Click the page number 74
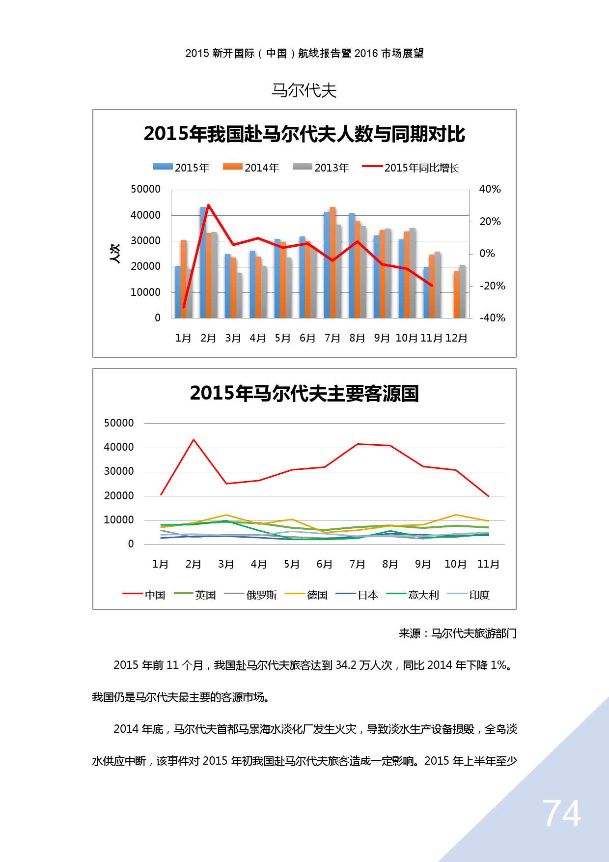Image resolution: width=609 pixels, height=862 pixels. pos(561,814)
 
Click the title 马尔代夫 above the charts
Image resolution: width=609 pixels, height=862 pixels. pos(304,90)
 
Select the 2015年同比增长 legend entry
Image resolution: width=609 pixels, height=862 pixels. pos(411,168)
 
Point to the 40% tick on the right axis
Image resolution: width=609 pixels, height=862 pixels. pos(490,189)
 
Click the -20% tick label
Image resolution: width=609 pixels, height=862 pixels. pos(492,286)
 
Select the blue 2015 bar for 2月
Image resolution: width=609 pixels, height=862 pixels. pos(203,263)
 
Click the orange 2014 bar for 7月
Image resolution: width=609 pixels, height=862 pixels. pos(332,263)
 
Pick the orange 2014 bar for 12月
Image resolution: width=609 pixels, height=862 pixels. pos(457,295)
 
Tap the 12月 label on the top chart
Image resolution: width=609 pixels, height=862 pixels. pos(456,338)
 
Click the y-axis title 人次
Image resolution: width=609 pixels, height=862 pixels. pos(115,254)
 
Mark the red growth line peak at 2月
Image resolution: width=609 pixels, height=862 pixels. pos(208,205)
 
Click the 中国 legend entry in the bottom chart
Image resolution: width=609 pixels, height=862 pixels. pos(144,595)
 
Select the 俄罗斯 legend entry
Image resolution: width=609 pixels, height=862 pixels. pos(250,595)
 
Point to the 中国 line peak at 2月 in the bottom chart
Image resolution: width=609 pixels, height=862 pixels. pos(194,440)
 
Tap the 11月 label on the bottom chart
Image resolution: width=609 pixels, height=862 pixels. pos(488,564)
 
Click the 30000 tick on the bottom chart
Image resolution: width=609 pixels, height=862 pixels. pos(119,471)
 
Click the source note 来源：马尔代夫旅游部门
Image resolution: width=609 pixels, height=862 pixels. pos(457,633)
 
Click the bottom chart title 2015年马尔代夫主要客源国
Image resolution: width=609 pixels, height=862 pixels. pos(304,394)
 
